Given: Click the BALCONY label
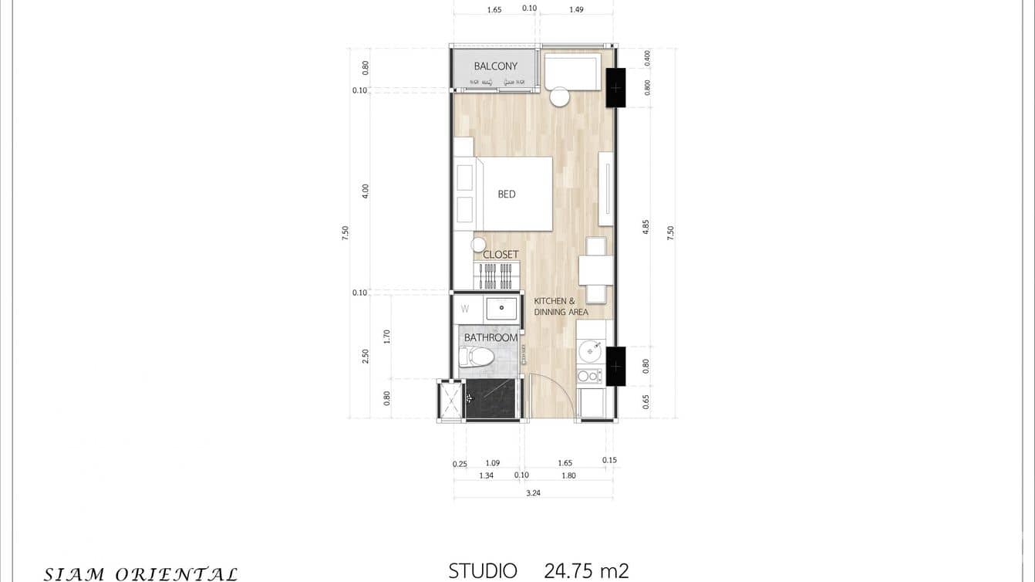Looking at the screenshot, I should (x=495, y=66).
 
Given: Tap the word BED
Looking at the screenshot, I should (x=506, y=195).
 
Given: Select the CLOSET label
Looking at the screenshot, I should (x=501, y=255).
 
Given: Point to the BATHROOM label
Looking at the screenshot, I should (x=491, y=338).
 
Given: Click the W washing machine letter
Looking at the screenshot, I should (x=465, y=309).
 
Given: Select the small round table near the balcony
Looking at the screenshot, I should (x=560, y=97).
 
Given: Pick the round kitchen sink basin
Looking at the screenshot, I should (x=590, y=351).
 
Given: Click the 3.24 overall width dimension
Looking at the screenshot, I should (x=533, y=492).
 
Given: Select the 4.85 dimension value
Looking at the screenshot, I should (x=646, y=226).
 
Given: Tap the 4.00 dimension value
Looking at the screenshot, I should (x=366, y=191).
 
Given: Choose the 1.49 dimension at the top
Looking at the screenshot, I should (x=576, y=10).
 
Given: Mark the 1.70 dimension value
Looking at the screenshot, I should (x=387, y=337).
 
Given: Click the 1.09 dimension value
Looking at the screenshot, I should (x=493, y=463).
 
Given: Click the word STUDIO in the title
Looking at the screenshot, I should (x=483, y=571).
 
